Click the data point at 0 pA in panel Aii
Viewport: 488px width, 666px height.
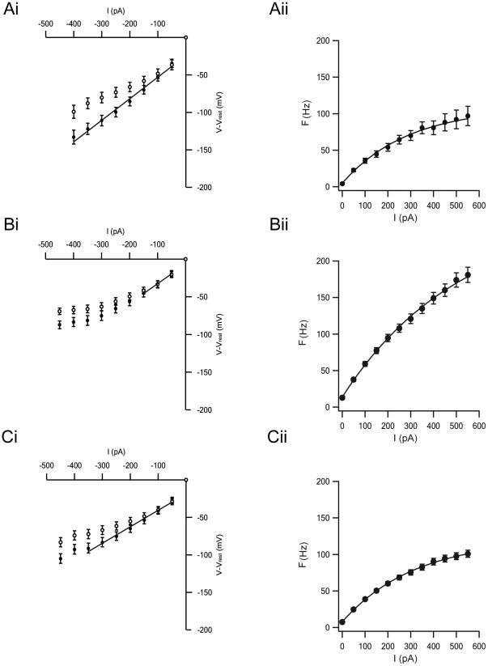point(342,184)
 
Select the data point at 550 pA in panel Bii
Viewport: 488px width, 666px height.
point(467,275)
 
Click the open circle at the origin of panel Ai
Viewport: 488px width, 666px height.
point(186,37)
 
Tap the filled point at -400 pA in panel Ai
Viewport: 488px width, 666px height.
point(74,138)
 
